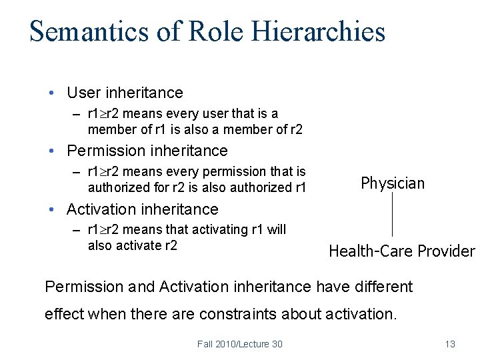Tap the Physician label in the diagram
392,183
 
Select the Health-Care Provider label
401,251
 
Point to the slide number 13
450,344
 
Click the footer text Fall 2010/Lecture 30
239,344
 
